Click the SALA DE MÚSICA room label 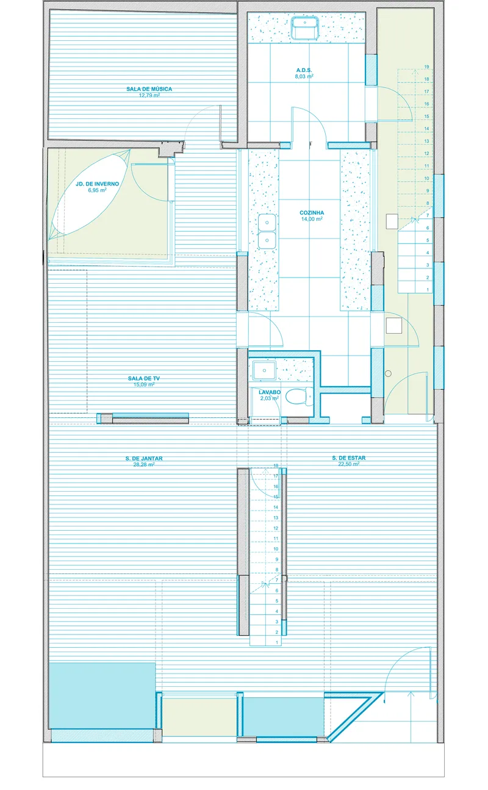coord(149,89)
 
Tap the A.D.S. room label coord(304,70)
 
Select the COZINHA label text coord(312,213)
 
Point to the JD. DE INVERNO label coord(98,184)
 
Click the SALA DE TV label coord(144,378)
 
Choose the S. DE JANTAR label coord(144,459)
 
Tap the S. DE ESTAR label coord(349,458)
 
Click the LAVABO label coord(270,392)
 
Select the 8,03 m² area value coord(304,76)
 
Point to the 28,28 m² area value coord(144,464)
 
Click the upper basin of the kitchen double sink coord(267,222)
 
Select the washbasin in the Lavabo coord(264,370)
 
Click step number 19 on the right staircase coord(426,66)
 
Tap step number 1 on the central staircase coord(277,642)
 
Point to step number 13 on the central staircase coord(276,518)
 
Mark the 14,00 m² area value coord(312,219)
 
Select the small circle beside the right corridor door coord(388,373)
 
